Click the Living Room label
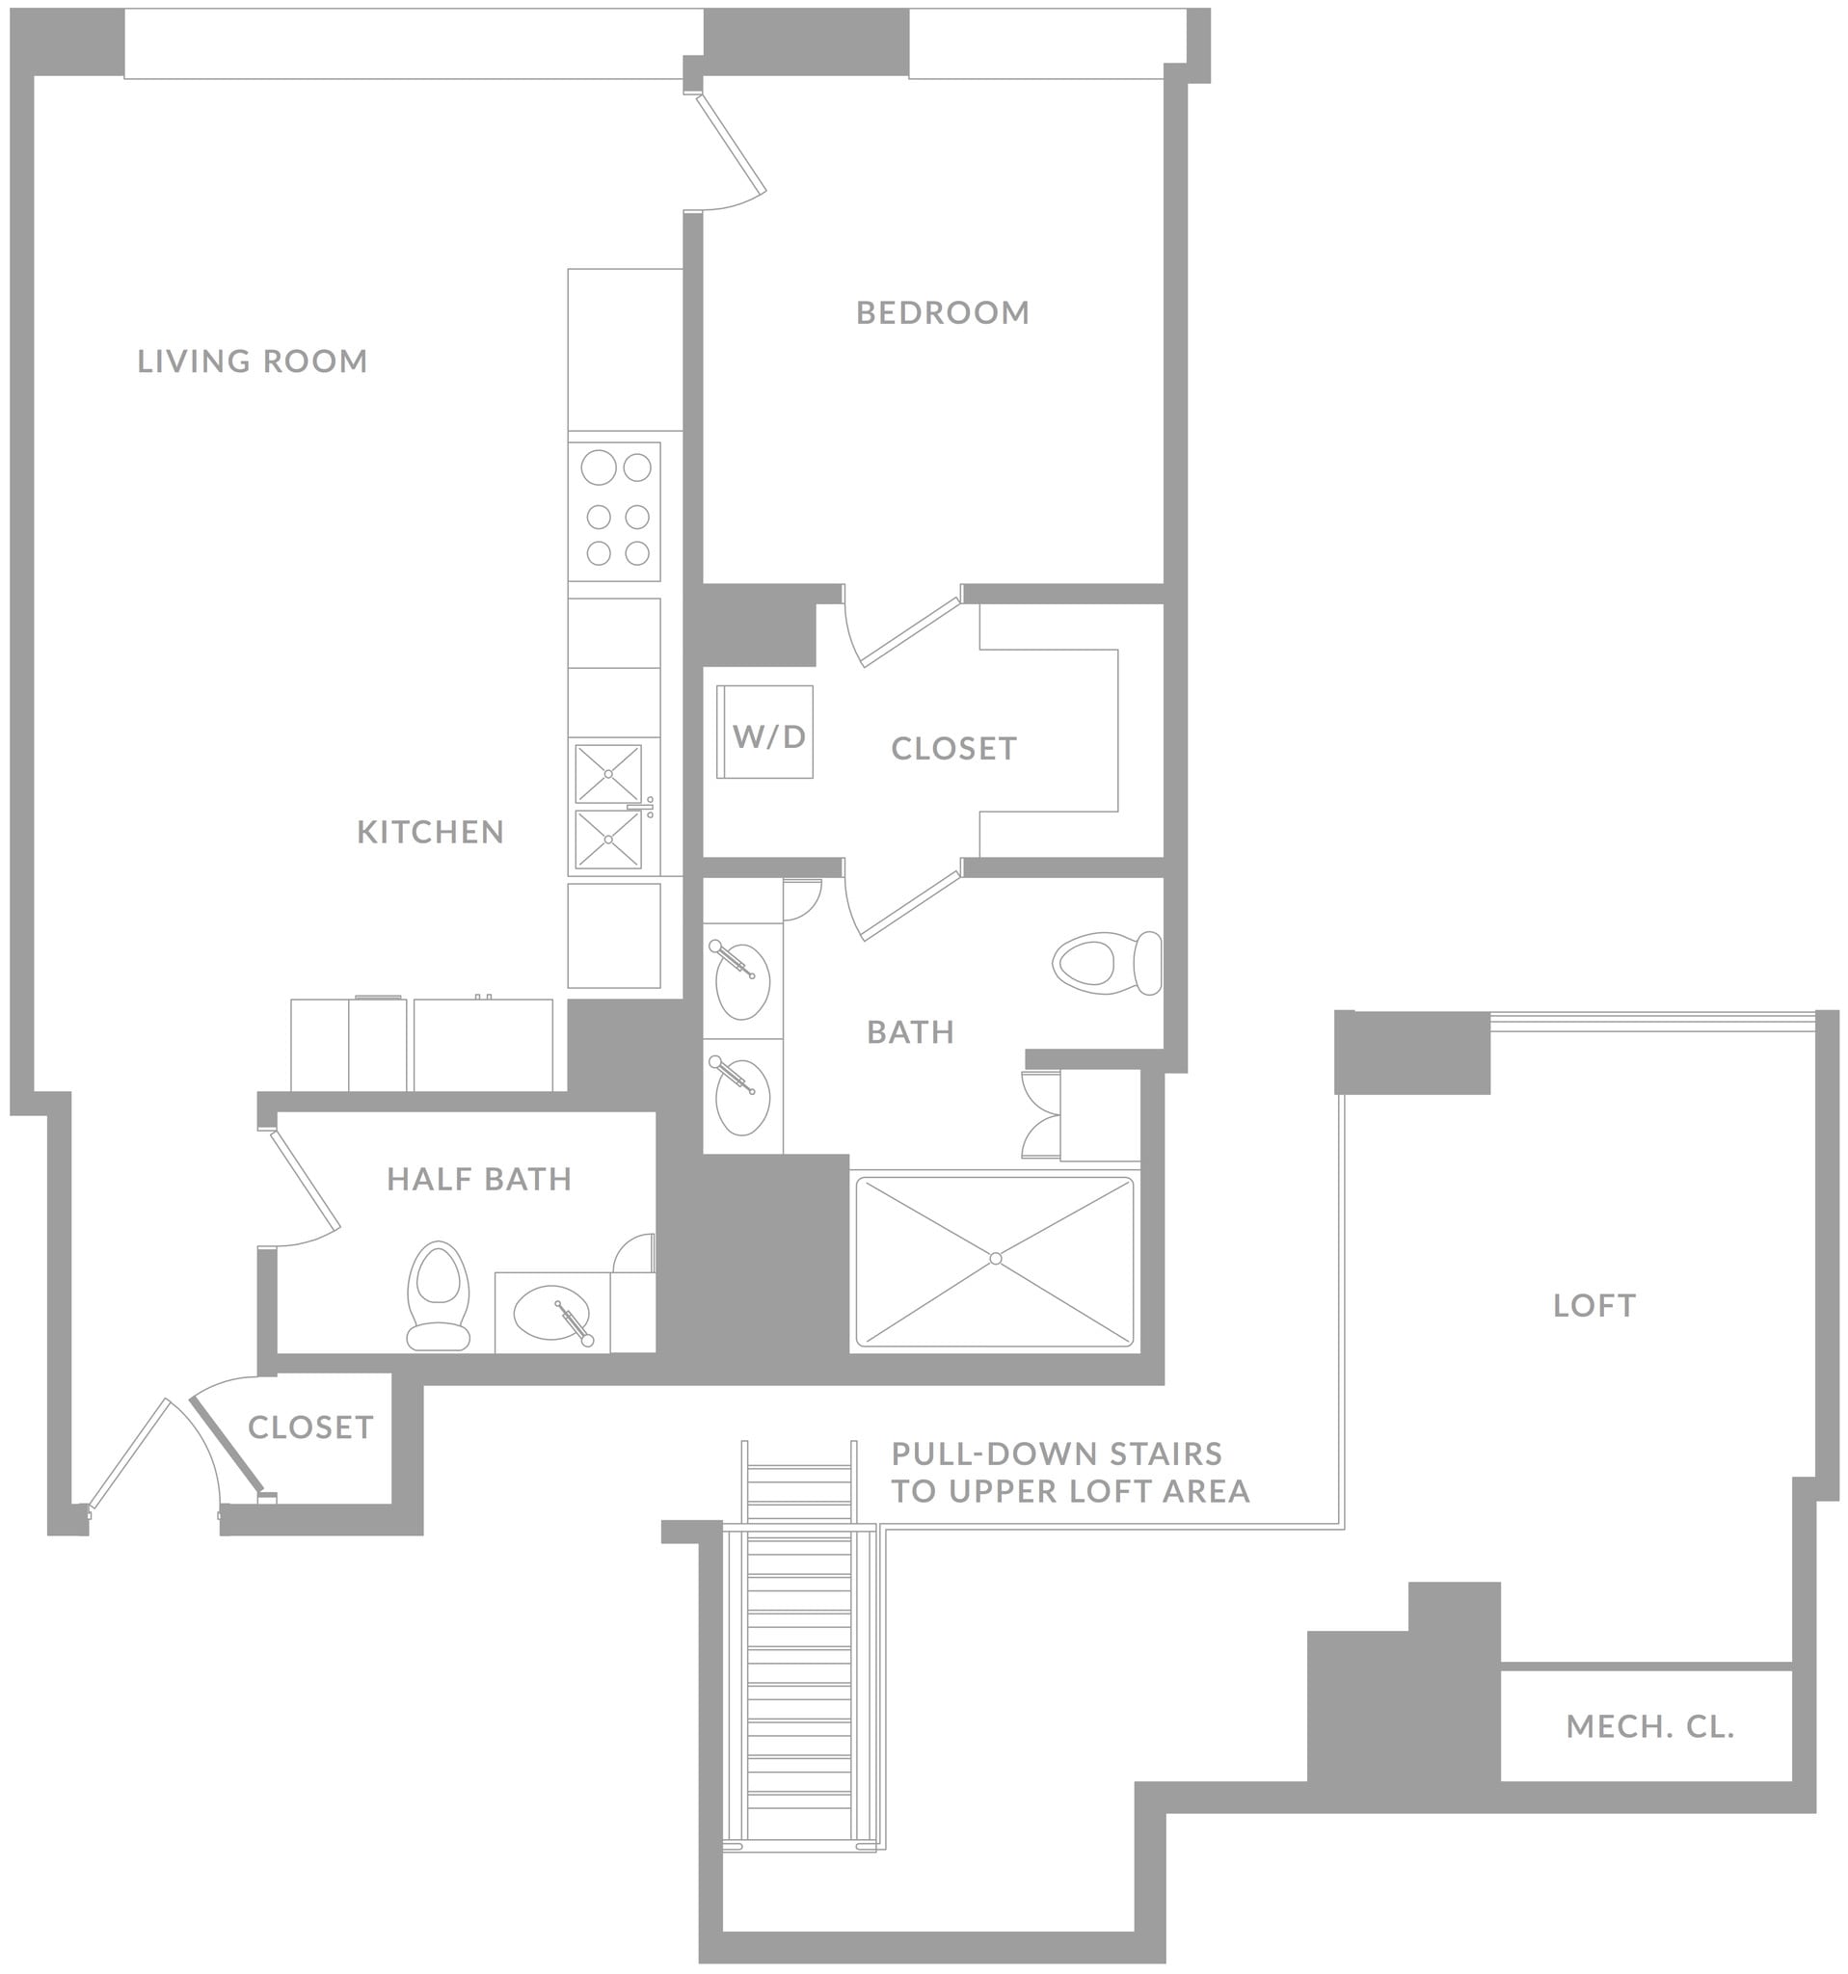(253, 361)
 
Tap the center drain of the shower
(995, 1259)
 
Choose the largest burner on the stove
(599, 467)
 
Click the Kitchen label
(430, 832)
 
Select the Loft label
(1594, 1306)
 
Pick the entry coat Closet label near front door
(309, 1427)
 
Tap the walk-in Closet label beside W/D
(953, 749)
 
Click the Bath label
(910, 1032)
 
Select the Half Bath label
(479, 1180)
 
